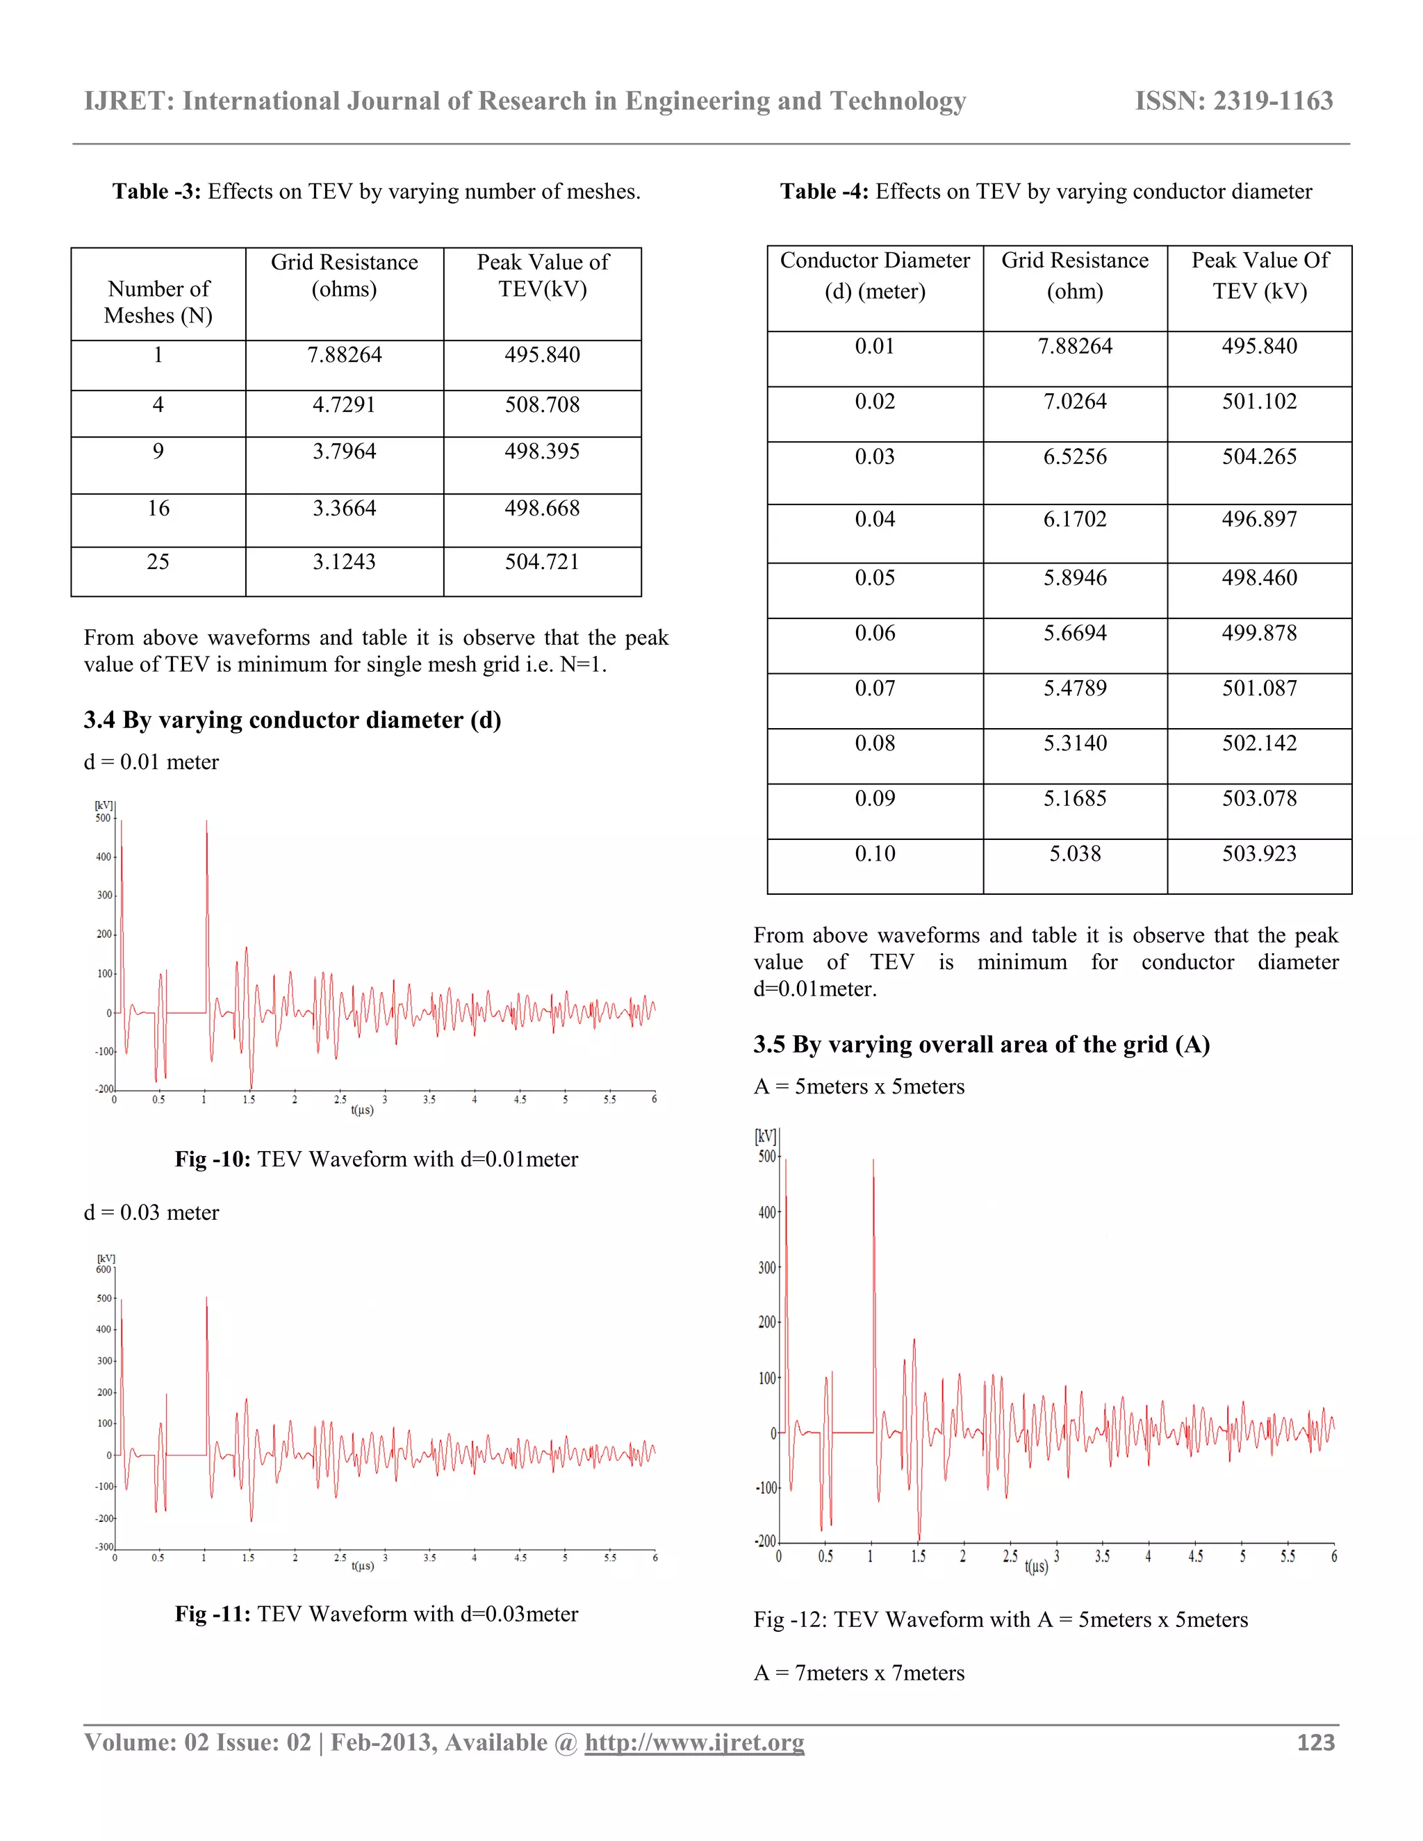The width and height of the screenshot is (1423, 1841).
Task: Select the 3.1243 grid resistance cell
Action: coord(344,561)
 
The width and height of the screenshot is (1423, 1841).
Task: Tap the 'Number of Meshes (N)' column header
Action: coord(158,302)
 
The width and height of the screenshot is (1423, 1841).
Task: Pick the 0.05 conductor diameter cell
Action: coord(874,577)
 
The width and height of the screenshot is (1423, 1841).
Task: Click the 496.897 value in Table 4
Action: coord(1258,519)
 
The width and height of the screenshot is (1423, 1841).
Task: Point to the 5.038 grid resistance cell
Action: coord(1075,854)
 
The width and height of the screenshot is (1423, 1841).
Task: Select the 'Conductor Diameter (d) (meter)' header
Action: coord(874,276)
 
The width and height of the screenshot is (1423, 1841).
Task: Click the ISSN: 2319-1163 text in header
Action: coord(1233,101)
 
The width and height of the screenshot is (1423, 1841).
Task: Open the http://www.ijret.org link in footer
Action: coord(694,1742)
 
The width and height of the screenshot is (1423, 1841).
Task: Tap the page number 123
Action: coord(1315,1742)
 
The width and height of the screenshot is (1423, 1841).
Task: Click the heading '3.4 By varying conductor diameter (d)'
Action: coord(292,720)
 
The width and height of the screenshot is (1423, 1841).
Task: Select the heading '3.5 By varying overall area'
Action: coord(981,1044)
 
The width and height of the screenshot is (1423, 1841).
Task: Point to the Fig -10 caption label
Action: coord(213,1159)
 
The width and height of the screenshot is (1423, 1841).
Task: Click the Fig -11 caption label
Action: coord(213,1613)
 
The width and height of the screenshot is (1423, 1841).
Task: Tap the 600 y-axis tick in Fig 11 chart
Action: coord(104,1269)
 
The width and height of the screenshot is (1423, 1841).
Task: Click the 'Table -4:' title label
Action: coord(823,191)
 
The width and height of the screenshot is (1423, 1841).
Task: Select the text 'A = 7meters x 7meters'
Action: coord(858,1672)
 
